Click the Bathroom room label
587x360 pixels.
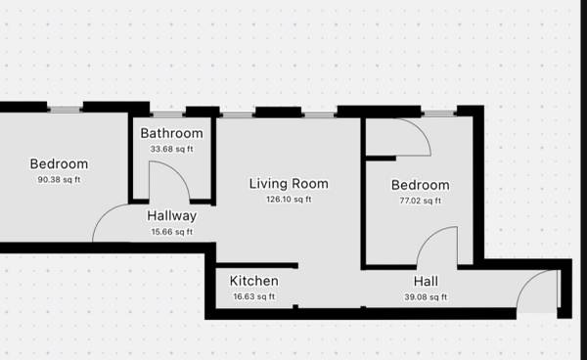[x=172, y=133]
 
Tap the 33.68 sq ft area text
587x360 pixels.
[x=172, y=149]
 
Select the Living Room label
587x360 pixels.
[x=289, y=184]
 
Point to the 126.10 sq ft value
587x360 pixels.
[x=289, y=200]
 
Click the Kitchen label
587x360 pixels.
[x=253, y=281]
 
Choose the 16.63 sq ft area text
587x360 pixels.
[x=254, y=296]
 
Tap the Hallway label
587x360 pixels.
[x=172, y=216]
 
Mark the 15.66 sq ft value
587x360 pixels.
[x=172, y=232]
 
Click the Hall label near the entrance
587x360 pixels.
[x=426, y=282]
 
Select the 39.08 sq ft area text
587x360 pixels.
[x=426, y=297]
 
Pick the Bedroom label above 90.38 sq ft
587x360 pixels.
[x=59, y=164]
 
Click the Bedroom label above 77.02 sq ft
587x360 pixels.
[x=421, y=185]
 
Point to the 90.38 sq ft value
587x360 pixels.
[x=59, y=180]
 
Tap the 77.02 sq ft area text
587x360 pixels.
[x=421, y=201]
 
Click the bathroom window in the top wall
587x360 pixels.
[x=167, y=114]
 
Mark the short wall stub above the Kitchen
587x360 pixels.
[x=256, y=266]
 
